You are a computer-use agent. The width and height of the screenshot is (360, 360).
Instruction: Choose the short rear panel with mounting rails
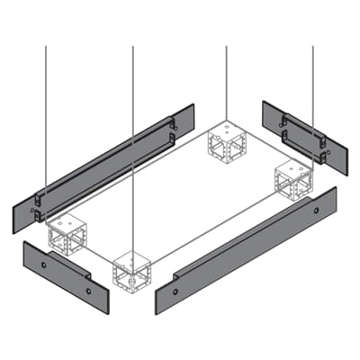pyautogui.click(x=297, y=135)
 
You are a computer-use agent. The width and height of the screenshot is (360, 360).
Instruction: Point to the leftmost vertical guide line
pyautogui.click(x=46, y=108)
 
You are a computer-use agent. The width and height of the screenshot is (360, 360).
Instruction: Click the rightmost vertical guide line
pyautogui.click(x=313, y=81)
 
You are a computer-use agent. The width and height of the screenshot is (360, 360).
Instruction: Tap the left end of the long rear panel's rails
pyautogui.click(x=38, y=206)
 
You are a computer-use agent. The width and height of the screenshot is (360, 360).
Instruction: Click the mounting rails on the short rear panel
pyautogui.click(x=301, y=132)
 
